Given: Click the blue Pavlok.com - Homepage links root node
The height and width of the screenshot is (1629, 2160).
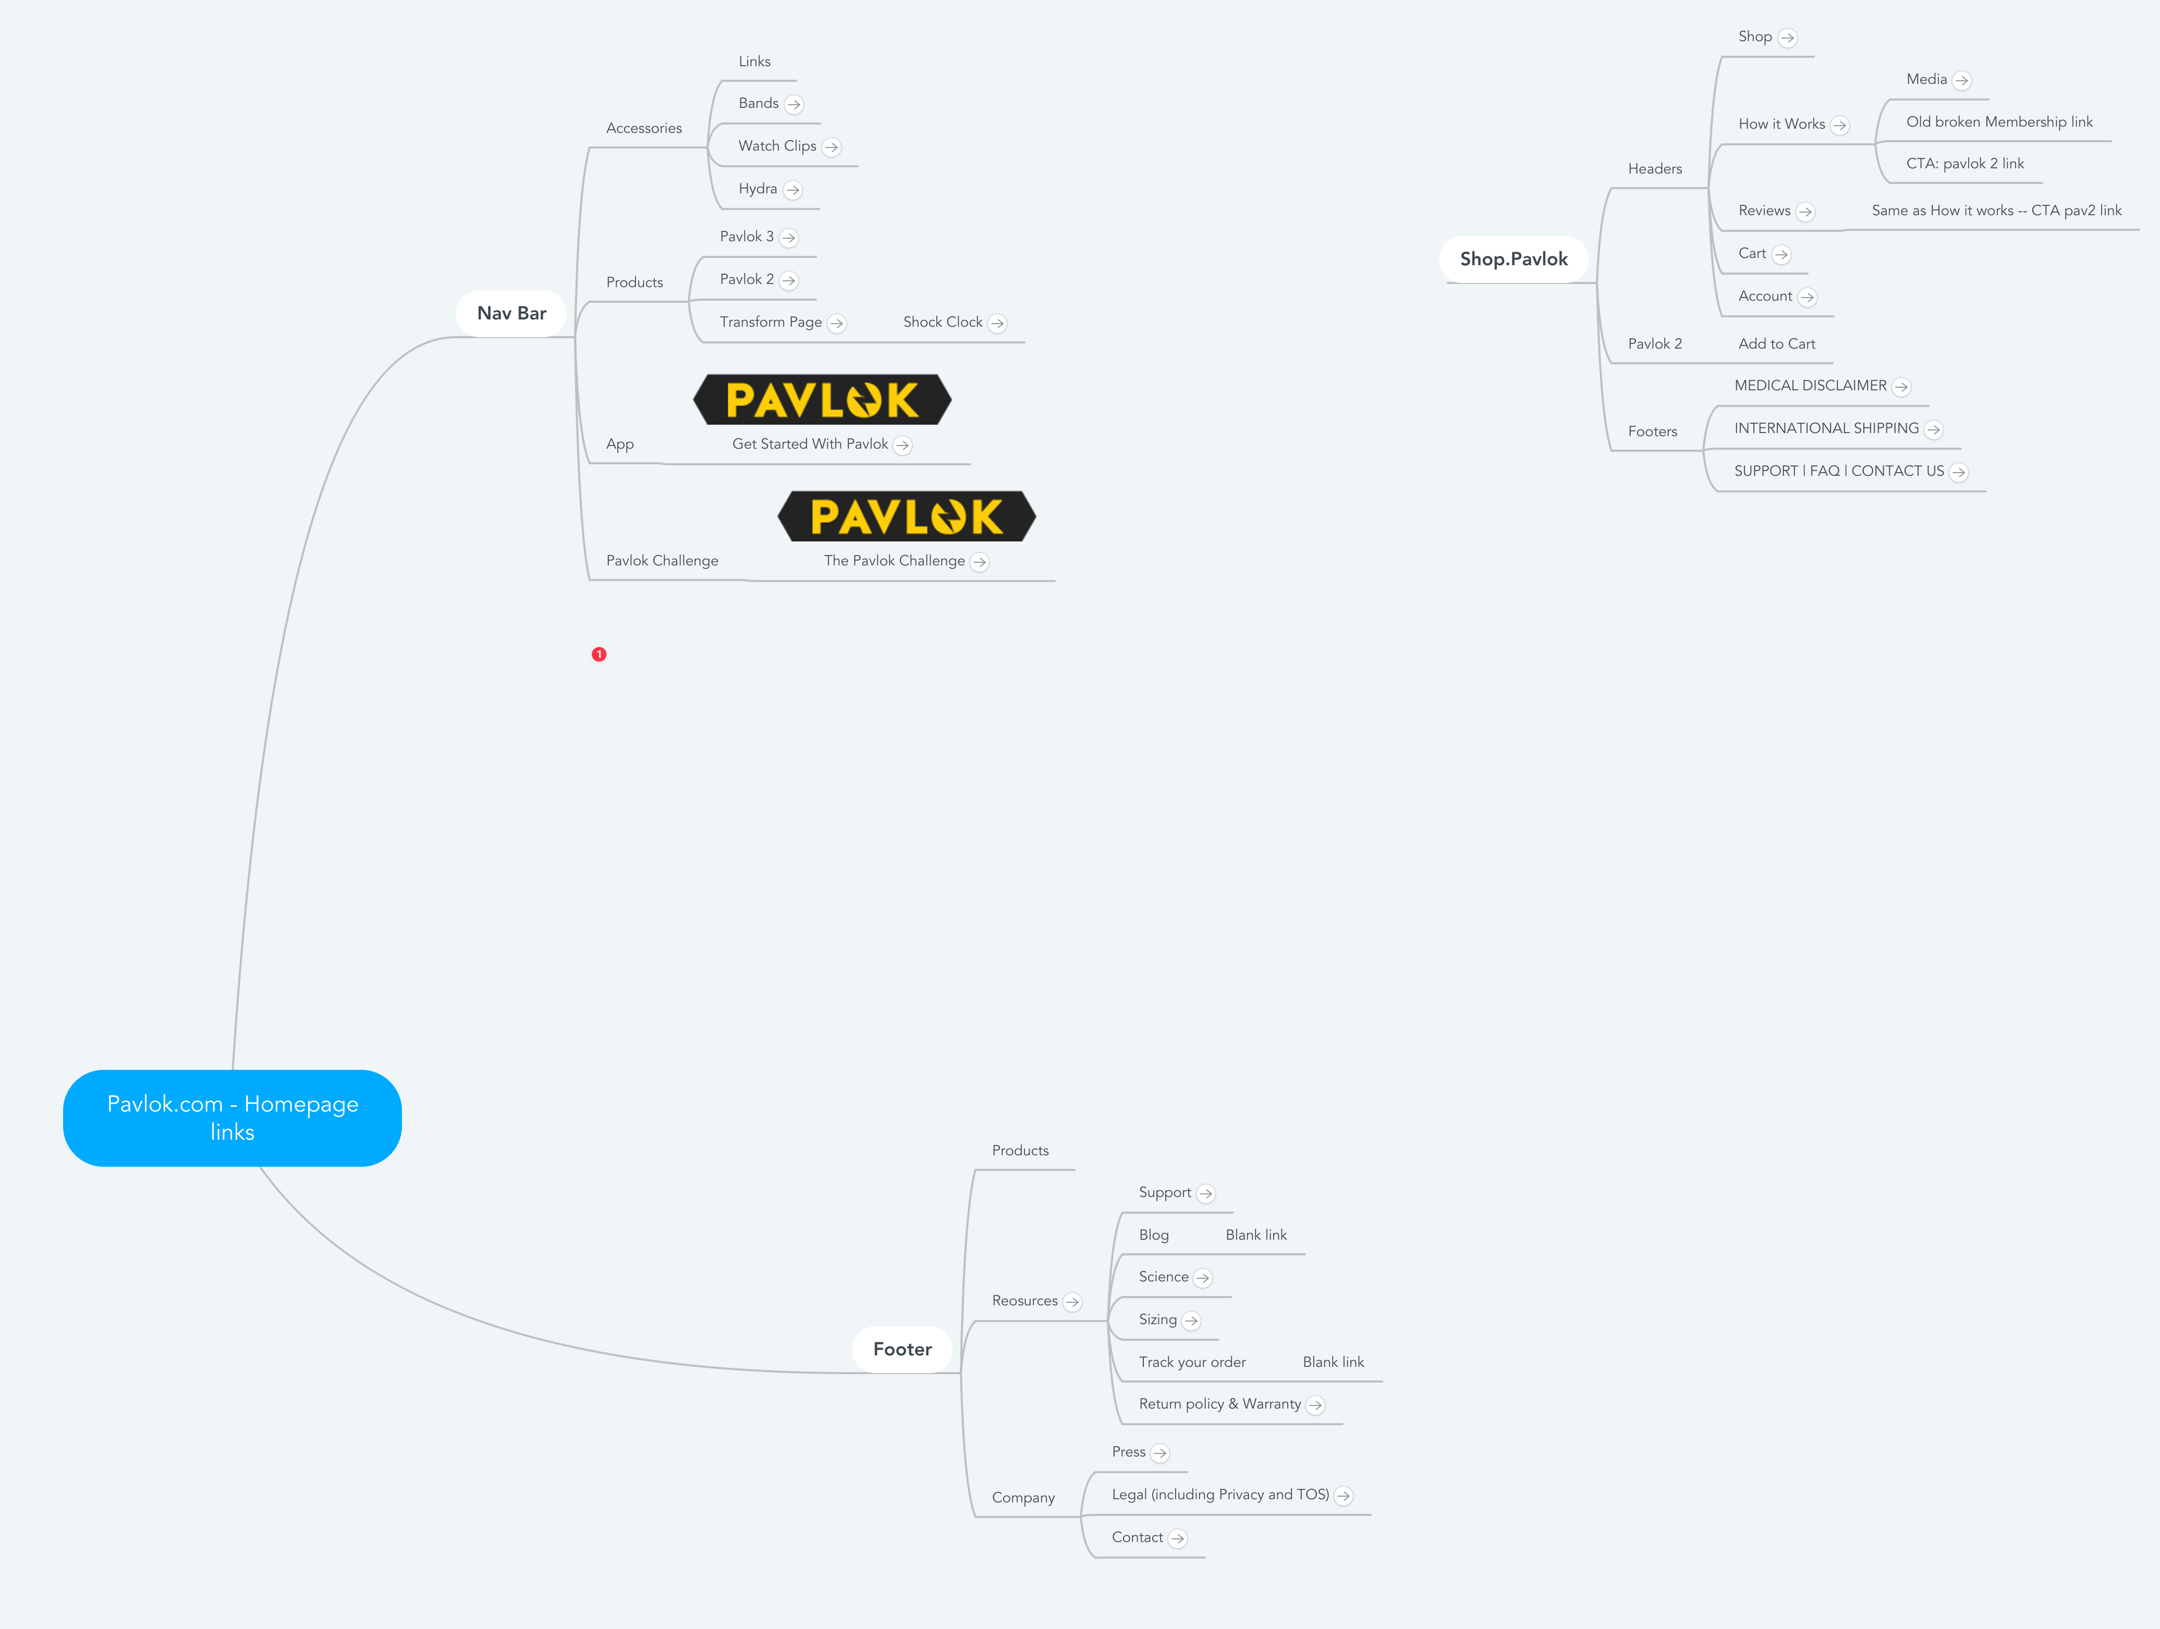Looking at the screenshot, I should tap(233, 1118).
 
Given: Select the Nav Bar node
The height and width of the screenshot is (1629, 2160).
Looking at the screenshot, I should tap(511, 313).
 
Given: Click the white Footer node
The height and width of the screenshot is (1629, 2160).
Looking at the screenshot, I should tap(902, 1349).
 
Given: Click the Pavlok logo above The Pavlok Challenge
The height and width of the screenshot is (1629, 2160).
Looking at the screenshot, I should tap(906, 516).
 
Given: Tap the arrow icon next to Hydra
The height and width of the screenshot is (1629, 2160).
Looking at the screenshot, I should tap(793, 189).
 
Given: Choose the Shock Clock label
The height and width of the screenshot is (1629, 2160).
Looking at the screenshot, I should tap(942, 322).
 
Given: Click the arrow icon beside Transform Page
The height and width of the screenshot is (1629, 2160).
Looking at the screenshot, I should tap(837, 323).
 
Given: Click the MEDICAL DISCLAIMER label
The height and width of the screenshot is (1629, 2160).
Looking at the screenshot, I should tap(1810, 386).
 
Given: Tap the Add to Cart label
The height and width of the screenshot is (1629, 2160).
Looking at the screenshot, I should tap(1776, 343).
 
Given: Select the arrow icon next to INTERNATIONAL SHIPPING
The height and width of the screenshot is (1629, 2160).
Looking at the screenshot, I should tap(1933, 429).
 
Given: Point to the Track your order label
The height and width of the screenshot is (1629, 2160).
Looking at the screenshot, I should tap(1191, 1362).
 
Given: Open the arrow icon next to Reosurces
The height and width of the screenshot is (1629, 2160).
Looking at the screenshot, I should tap(1072, 1302).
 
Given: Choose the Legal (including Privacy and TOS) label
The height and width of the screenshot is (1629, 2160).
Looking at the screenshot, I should tap(1219, 1495).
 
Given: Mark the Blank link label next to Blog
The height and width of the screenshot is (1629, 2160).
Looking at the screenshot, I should tap(1256, 1235).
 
